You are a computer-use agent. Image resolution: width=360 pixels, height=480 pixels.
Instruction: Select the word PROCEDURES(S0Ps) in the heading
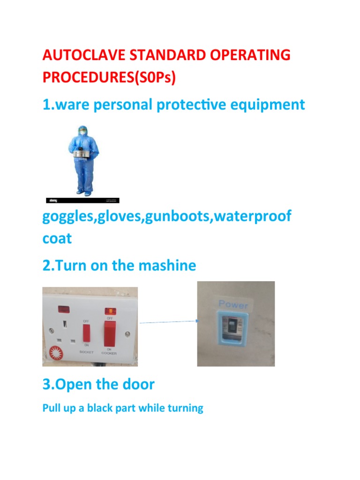click(109, 77)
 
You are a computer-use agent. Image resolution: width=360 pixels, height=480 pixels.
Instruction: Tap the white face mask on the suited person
click(83, 132)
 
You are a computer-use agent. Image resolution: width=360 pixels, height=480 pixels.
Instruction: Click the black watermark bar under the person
click(82, 200)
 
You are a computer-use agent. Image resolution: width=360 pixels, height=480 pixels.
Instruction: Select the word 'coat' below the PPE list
click(57, 238)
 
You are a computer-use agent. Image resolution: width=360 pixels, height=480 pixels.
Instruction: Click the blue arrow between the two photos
click(167, 321)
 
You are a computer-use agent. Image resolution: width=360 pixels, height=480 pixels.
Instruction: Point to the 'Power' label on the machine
click(233, 305)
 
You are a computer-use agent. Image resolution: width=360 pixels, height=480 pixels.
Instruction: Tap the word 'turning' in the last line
click(185, 408)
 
